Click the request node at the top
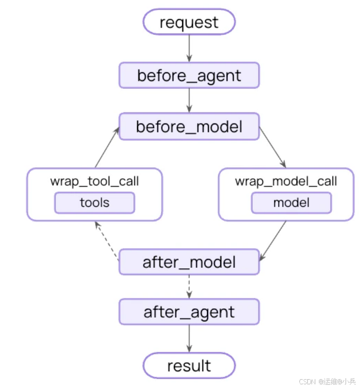click(x=189, y=22)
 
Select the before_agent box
click(x=189, y=75)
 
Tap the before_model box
click(x=189, y=126)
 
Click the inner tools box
click(x=95, y=203)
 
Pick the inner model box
click(x=291, y=203)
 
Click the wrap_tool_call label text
click(x=94, y=181)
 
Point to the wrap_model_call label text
click(x=286, y=181)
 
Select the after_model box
click(x=189, y=262)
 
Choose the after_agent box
click(x=189, y=312)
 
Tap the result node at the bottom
click(x=189, y=366)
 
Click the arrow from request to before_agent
click(x=189, y=48)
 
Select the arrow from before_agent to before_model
click(x=189, y=101)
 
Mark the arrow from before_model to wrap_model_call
click(x=272, y=147)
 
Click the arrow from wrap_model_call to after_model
click(x=272, y=241)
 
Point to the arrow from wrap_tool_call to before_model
click(x=107, y=147)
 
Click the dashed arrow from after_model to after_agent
click(x=189, y=287)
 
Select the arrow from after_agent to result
click(x=189, y=339)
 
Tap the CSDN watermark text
click(x=327, y=381)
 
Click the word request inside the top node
click(x=189, y=23)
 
